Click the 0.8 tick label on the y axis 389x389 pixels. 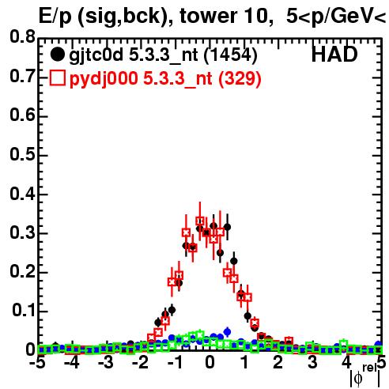[x=22, y=37]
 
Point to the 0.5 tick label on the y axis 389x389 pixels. [x=22, y=154]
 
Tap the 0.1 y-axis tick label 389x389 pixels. [x=24, y=311]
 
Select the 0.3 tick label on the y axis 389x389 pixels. [x=22, y=232]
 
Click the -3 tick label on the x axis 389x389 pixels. [x=106, y=362]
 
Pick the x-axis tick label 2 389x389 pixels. [x=278, y=362]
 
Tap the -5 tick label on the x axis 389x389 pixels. [x=37, y=362]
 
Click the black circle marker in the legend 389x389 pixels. [x=57, y=55]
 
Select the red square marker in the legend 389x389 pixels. [x=57, y=78]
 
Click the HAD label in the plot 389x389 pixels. [x=334, y=55]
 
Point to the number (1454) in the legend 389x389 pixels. [x=231, y=55]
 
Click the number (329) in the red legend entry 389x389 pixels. [x=240, y=79]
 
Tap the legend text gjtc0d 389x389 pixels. [x=96, y=55]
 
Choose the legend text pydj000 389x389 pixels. [x=104, y=79]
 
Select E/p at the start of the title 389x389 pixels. [x=55, y=17]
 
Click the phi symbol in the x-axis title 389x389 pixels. [x=358, y=379]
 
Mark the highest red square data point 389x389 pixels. [x=200, y=221]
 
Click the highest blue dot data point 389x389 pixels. [x=227, y=331]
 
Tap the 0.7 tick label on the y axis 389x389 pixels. [x=22, y=76]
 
